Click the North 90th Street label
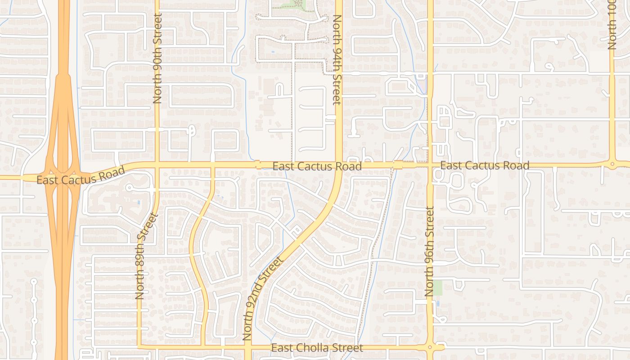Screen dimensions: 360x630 (157, 58)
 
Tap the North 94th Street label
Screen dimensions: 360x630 (337, 60)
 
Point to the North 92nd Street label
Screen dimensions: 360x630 (263, 298)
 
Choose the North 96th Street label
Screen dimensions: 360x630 (430, 252)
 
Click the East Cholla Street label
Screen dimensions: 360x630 (317, 348)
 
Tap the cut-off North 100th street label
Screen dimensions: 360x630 (612, 25)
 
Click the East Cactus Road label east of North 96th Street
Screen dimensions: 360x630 (484, 166)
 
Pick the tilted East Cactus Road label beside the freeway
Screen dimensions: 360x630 (81, 176)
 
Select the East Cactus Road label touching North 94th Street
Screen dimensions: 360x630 (317, 166)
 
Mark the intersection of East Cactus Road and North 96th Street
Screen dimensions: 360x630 (430, 165)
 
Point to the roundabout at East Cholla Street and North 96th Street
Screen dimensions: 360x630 (430, 347)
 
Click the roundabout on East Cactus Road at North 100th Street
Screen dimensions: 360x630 (612, 164)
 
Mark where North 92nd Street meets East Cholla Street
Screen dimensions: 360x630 (248, 347)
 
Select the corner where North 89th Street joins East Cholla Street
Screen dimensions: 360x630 (139, 346)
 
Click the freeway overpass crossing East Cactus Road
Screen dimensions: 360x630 (63, 176)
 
